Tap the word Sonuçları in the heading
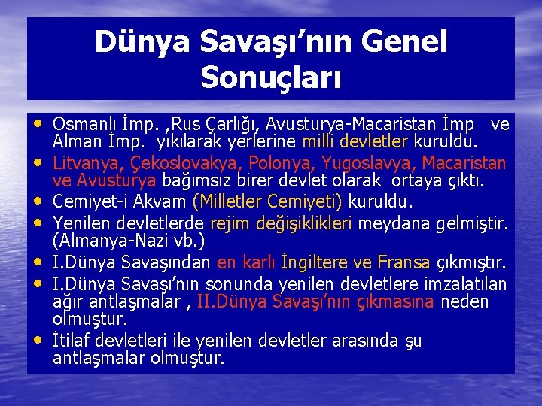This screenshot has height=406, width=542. click(x=271, y=76)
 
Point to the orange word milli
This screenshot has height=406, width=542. click(x=319, y=142)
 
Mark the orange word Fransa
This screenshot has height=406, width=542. click(x=404, y=262)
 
